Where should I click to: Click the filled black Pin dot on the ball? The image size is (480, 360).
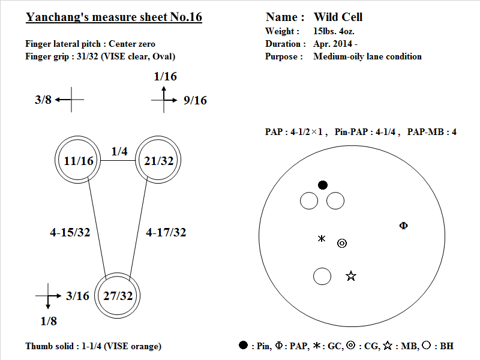[x=323, y=185]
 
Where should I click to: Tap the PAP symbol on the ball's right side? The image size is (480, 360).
[x=403, y=226]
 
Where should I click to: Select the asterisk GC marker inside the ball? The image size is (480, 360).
[x=322, y=238]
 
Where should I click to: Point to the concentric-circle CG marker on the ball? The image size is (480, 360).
[x=342, y=244]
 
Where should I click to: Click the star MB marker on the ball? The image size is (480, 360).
[x=351, y=276]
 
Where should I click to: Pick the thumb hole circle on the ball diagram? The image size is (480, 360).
[x=322, y=277]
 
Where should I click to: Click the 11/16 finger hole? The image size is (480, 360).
[x=78, y=160]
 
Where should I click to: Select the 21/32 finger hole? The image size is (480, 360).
[x=158, y=160]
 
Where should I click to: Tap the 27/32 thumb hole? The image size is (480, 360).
[x=117, y=295]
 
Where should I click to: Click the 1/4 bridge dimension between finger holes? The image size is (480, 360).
[x=119, y=151]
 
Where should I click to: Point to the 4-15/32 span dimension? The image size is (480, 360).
[x=70, y=232]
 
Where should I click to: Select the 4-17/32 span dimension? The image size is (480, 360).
[x=166, y=232]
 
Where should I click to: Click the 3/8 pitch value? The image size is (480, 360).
[x=43, y=100]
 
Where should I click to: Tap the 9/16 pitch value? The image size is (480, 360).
[x=195, y=100]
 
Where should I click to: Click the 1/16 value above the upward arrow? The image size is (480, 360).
[x=166, y=76]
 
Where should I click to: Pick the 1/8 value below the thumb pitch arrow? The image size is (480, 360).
[x=49, y=321]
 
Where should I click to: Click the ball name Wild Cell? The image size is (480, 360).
[x=338, y=17]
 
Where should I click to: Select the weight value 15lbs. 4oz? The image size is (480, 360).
[x=334, y=31]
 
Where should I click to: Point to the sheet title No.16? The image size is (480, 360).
[x=186, y=17]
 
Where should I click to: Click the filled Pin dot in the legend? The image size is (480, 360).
[x=243, y=345]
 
